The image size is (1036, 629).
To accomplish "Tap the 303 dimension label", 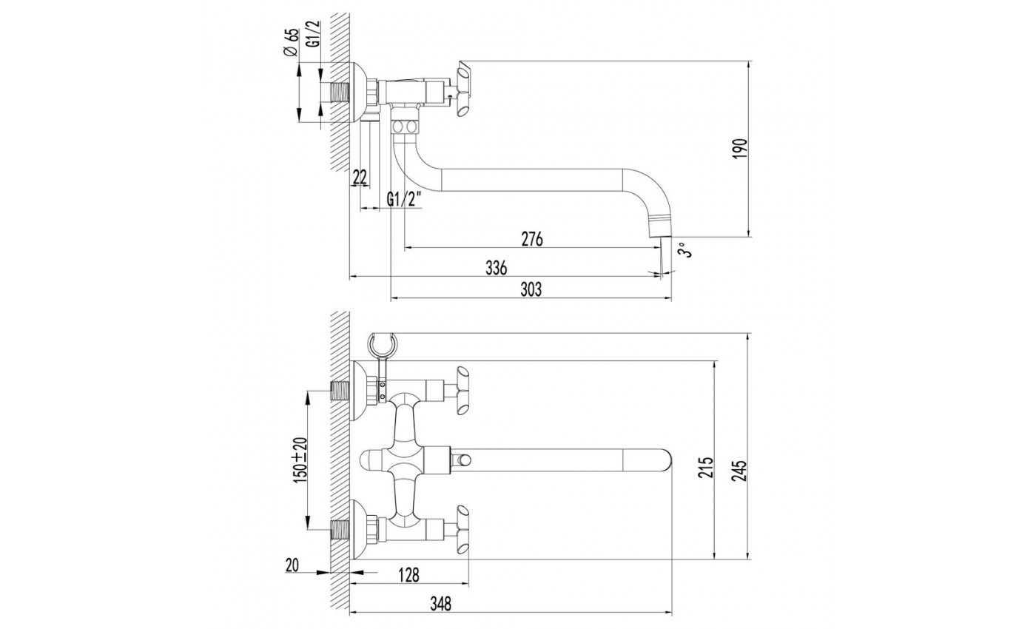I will pyautogui.click(x=531, y=289).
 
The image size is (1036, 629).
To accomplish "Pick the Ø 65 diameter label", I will pyautogui.click(x=292, y=43).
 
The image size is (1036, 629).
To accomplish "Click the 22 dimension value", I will pyautogui.click(x=360, y=177).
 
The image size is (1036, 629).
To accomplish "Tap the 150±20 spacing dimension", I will pyautogui.click(x=300, y=458).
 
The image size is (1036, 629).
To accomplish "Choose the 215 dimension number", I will pyautogui.click(x=706, y=467).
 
